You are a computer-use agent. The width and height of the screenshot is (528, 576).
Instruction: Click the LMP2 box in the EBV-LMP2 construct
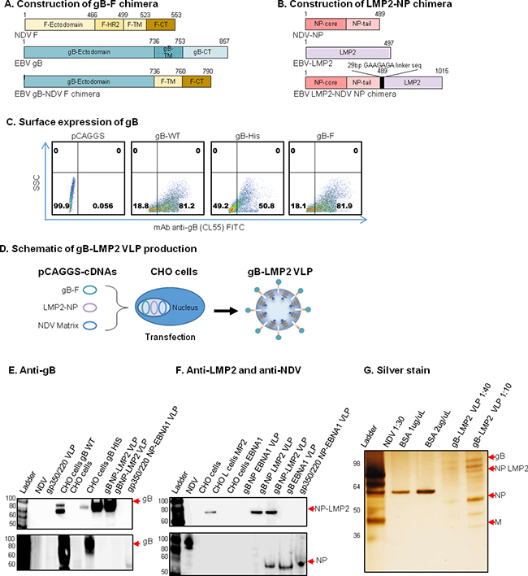click(x=356, y=51)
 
